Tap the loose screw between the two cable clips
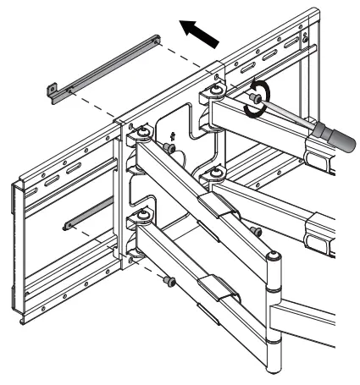[x=253, y=229]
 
